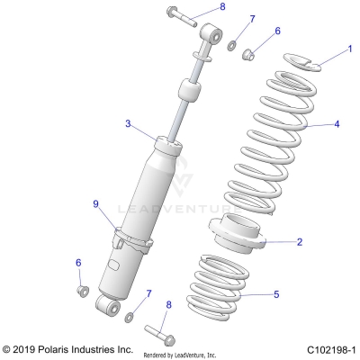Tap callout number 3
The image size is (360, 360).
128,123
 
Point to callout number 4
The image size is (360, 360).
337,124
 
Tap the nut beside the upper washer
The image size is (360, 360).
255,53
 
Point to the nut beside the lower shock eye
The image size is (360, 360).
80,315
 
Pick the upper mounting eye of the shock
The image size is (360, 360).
213,35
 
